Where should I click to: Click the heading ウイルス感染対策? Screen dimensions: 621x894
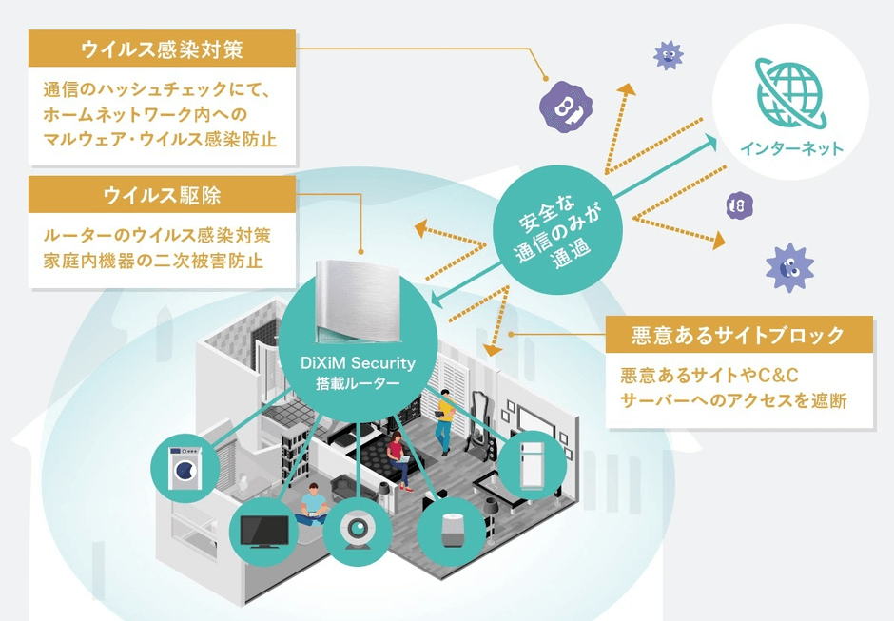(162, 48)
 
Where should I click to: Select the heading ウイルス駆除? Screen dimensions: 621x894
(162, 195)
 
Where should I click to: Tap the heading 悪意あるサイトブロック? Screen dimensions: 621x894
(738, 335)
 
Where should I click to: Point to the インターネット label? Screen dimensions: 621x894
(790, 148)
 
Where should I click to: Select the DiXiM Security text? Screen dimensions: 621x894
(366, 364)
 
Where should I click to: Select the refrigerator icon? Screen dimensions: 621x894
(532, 463)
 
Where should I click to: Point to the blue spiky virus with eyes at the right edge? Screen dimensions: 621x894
(788, 268)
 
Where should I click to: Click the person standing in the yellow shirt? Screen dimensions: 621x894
(445, 418)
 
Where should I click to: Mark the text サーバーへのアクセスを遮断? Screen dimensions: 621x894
(732, 400)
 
